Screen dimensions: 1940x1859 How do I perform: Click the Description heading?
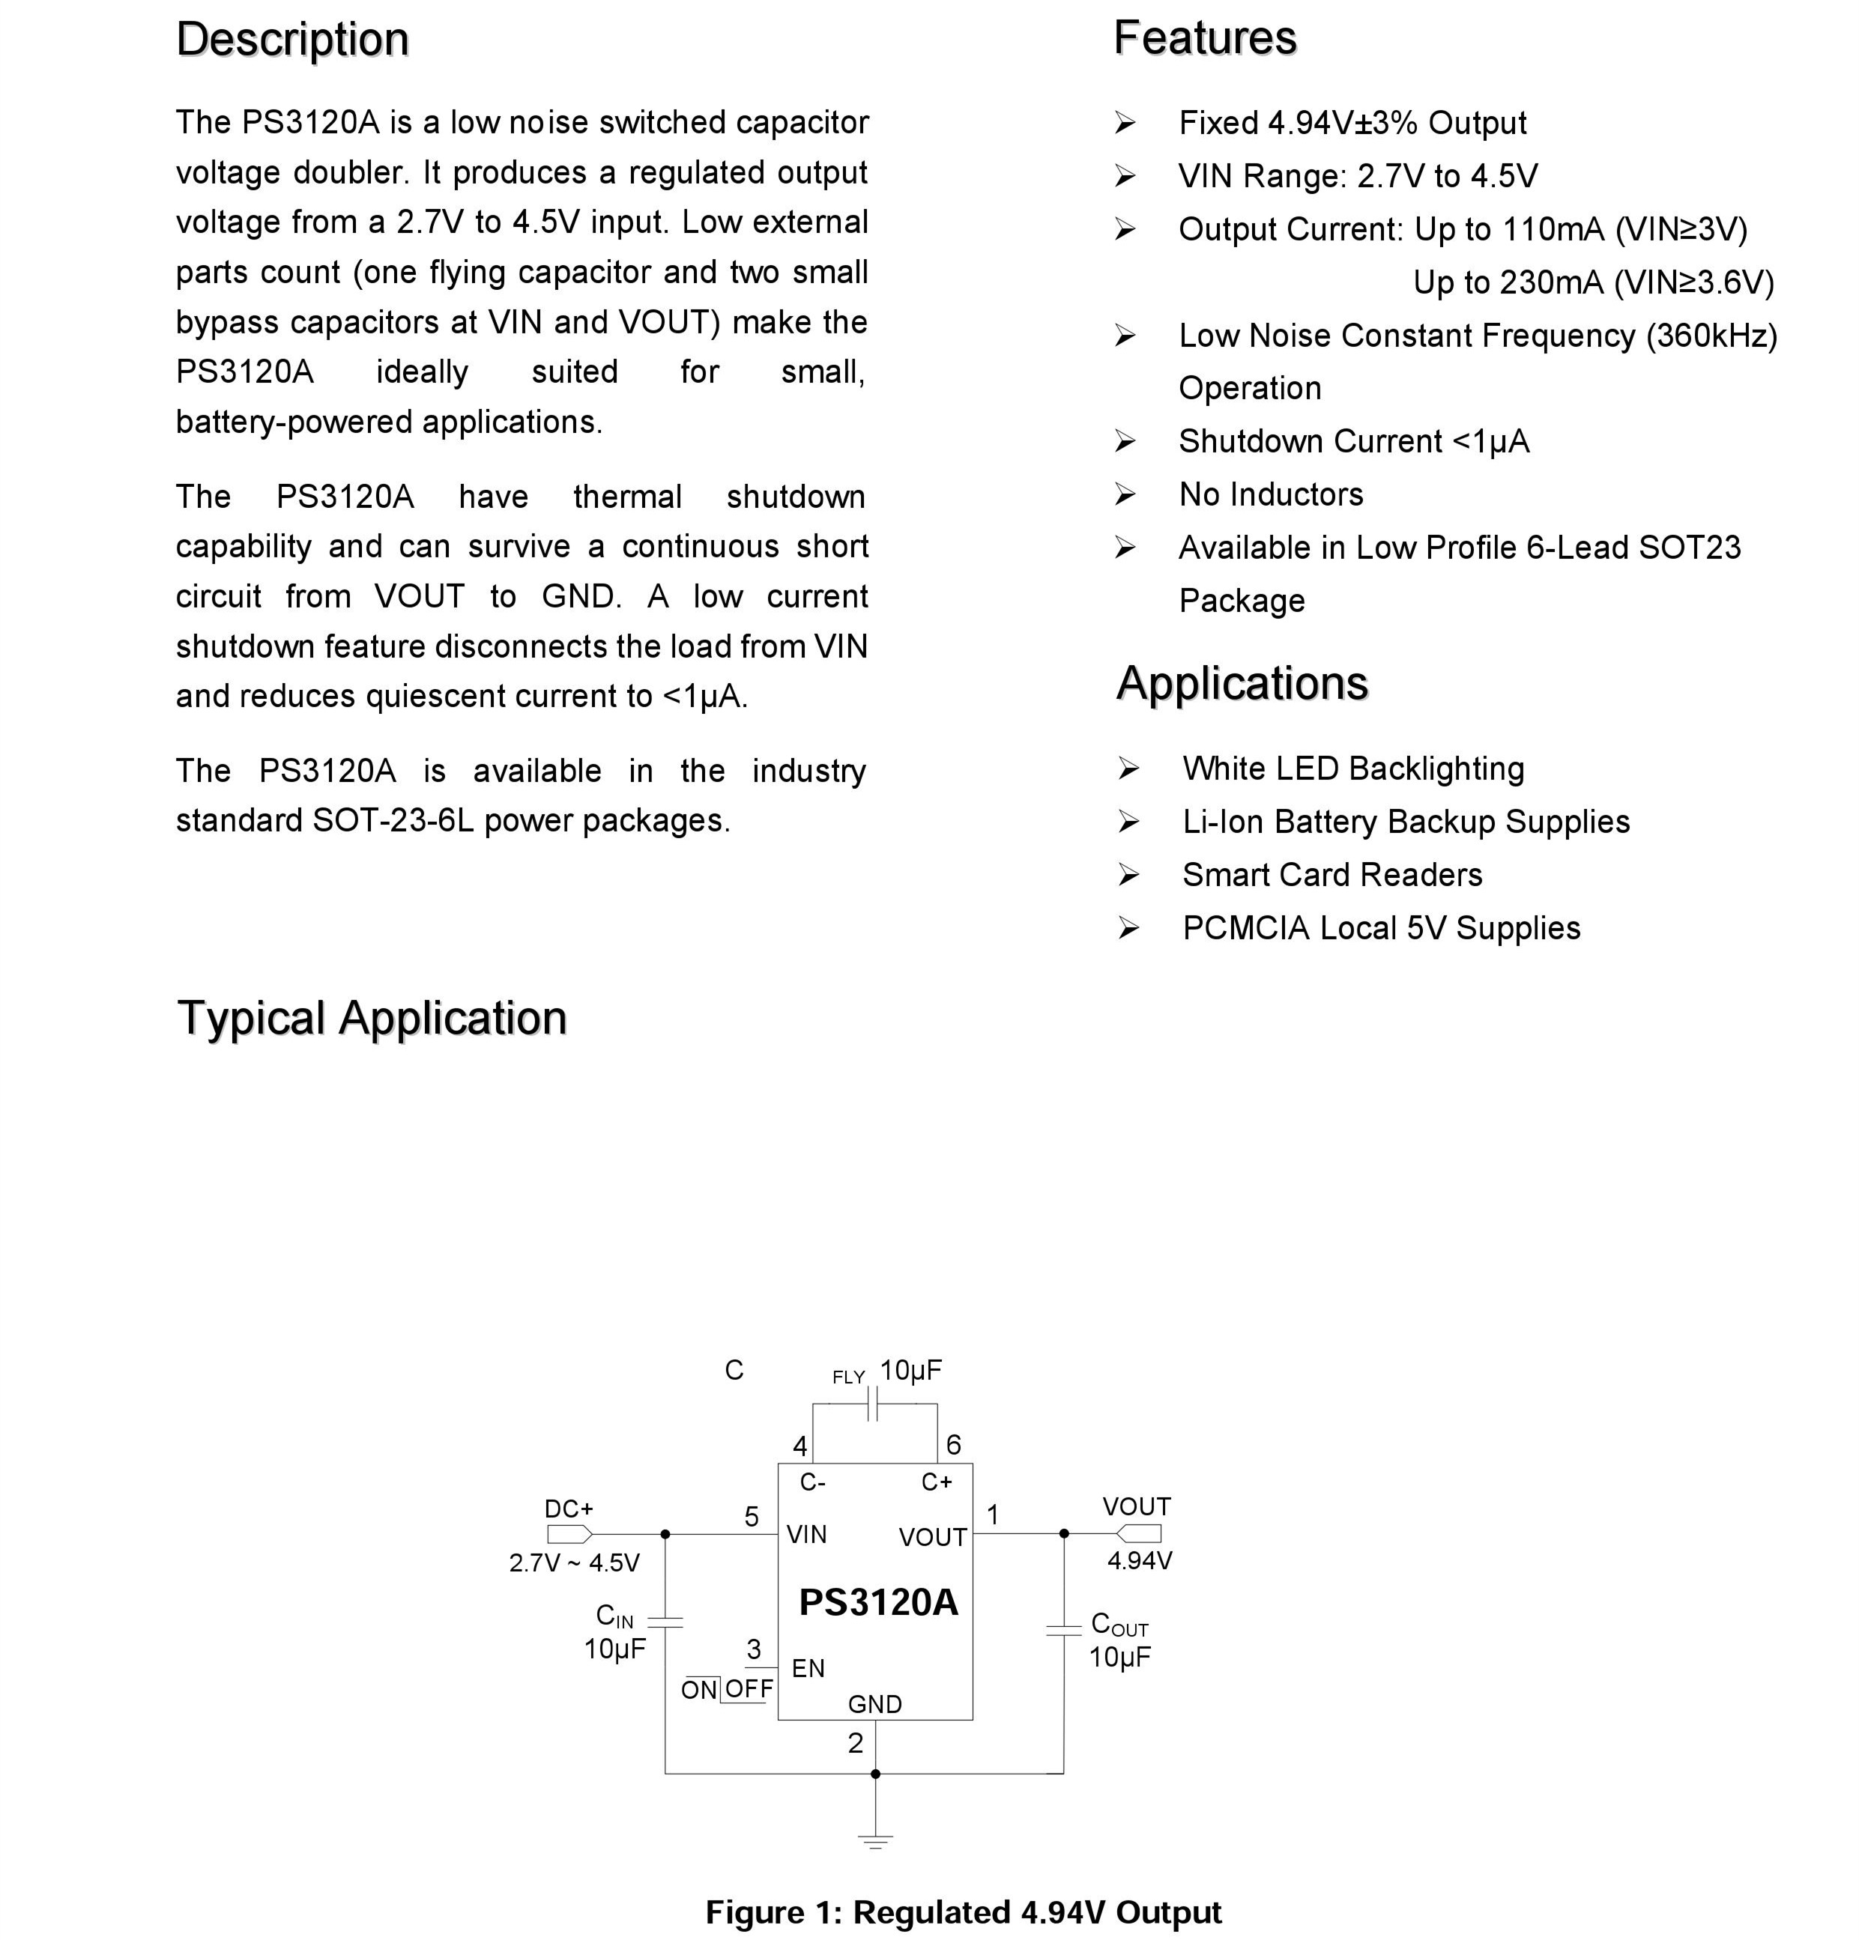coord(292,40)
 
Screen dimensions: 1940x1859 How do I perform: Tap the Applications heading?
coord(1242,684)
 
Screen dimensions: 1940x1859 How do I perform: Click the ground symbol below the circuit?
coord(875,1841)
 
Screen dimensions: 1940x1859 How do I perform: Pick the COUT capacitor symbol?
coord(1064,1629)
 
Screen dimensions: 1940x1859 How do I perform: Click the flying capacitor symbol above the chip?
coord(872,1404)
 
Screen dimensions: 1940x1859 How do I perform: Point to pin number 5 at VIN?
coord(752,1516)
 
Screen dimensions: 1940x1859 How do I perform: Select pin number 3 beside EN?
coord(753,1649)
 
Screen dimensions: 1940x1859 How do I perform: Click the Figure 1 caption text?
coord(963,1912)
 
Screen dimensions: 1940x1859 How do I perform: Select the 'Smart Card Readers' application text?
coord(1331,875)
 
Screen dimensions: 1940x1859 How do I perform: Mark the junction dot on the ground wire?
coord(875,1774)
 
